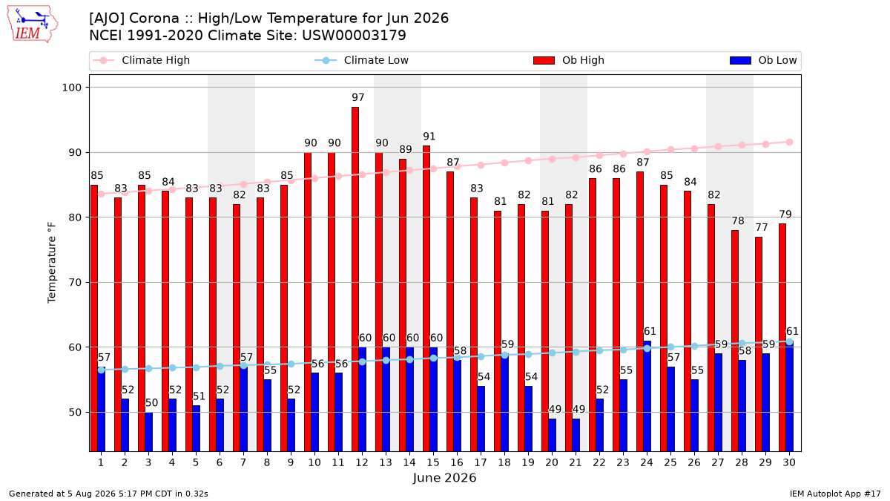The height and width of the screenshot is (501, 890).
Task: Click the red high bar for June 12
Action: point(355,279)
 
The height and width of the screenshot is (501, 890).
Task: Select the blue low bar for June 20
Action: point(553,435)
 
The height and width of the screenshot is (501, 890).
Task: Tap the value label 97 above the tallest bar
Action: point(358,97)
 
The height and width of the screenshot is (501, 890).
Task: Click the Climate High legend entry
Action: point(142,60)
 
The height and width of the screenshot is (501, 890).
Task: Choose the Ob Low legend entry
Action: point(763,60)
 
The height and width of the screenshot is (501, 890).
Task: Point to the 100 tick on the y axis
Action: point(71,88)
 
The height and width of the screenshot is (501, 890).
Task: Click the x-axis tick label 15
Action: point(433,462)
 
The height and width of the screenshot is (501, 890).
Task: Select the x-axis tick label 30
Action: point(789,462)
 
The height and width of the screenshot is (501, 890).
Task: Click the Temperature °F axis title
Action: point(52,263)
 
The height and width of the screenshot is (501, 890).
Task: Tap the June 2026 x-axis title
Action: point(444,477)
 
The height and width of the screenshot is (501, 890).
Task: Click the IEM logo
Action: point(32,24)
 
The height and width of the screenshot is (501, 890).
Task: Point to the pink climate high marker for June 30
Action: point(789,143)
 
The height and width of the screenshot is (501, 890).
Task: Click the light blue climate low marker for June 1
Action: point(102,370)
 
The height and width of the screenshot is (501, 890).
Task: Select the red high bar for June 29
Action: point(759,344)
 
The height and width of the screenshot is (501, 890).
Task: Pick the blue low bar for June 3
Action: point(148,432)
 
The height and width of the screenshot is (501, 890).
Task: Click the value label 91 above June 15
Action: point(429,137)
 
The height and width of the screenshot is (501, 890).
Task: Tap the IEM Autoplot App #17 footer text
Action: point(835,494)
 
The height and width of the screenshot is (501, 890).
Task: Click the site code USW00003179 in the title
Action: point(354,36)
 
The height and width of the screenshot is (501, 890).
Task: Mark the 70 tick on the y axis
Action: point(76,283)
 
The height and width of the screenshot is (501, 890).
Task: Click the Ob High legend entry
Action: point(569,60)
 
